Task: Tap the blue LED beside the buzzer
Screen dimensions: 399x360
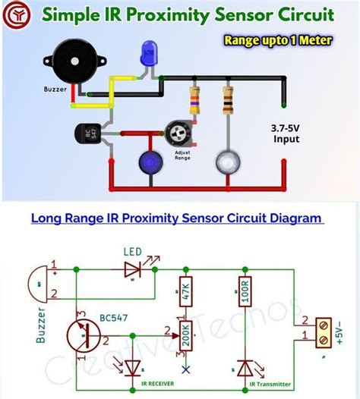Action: [x=147, y=54]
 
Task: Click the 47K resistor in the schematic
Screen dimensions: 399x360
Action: [x=183, y=291]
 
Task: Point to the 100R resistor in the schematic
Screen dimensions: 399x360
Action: [x=244, y=291]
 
